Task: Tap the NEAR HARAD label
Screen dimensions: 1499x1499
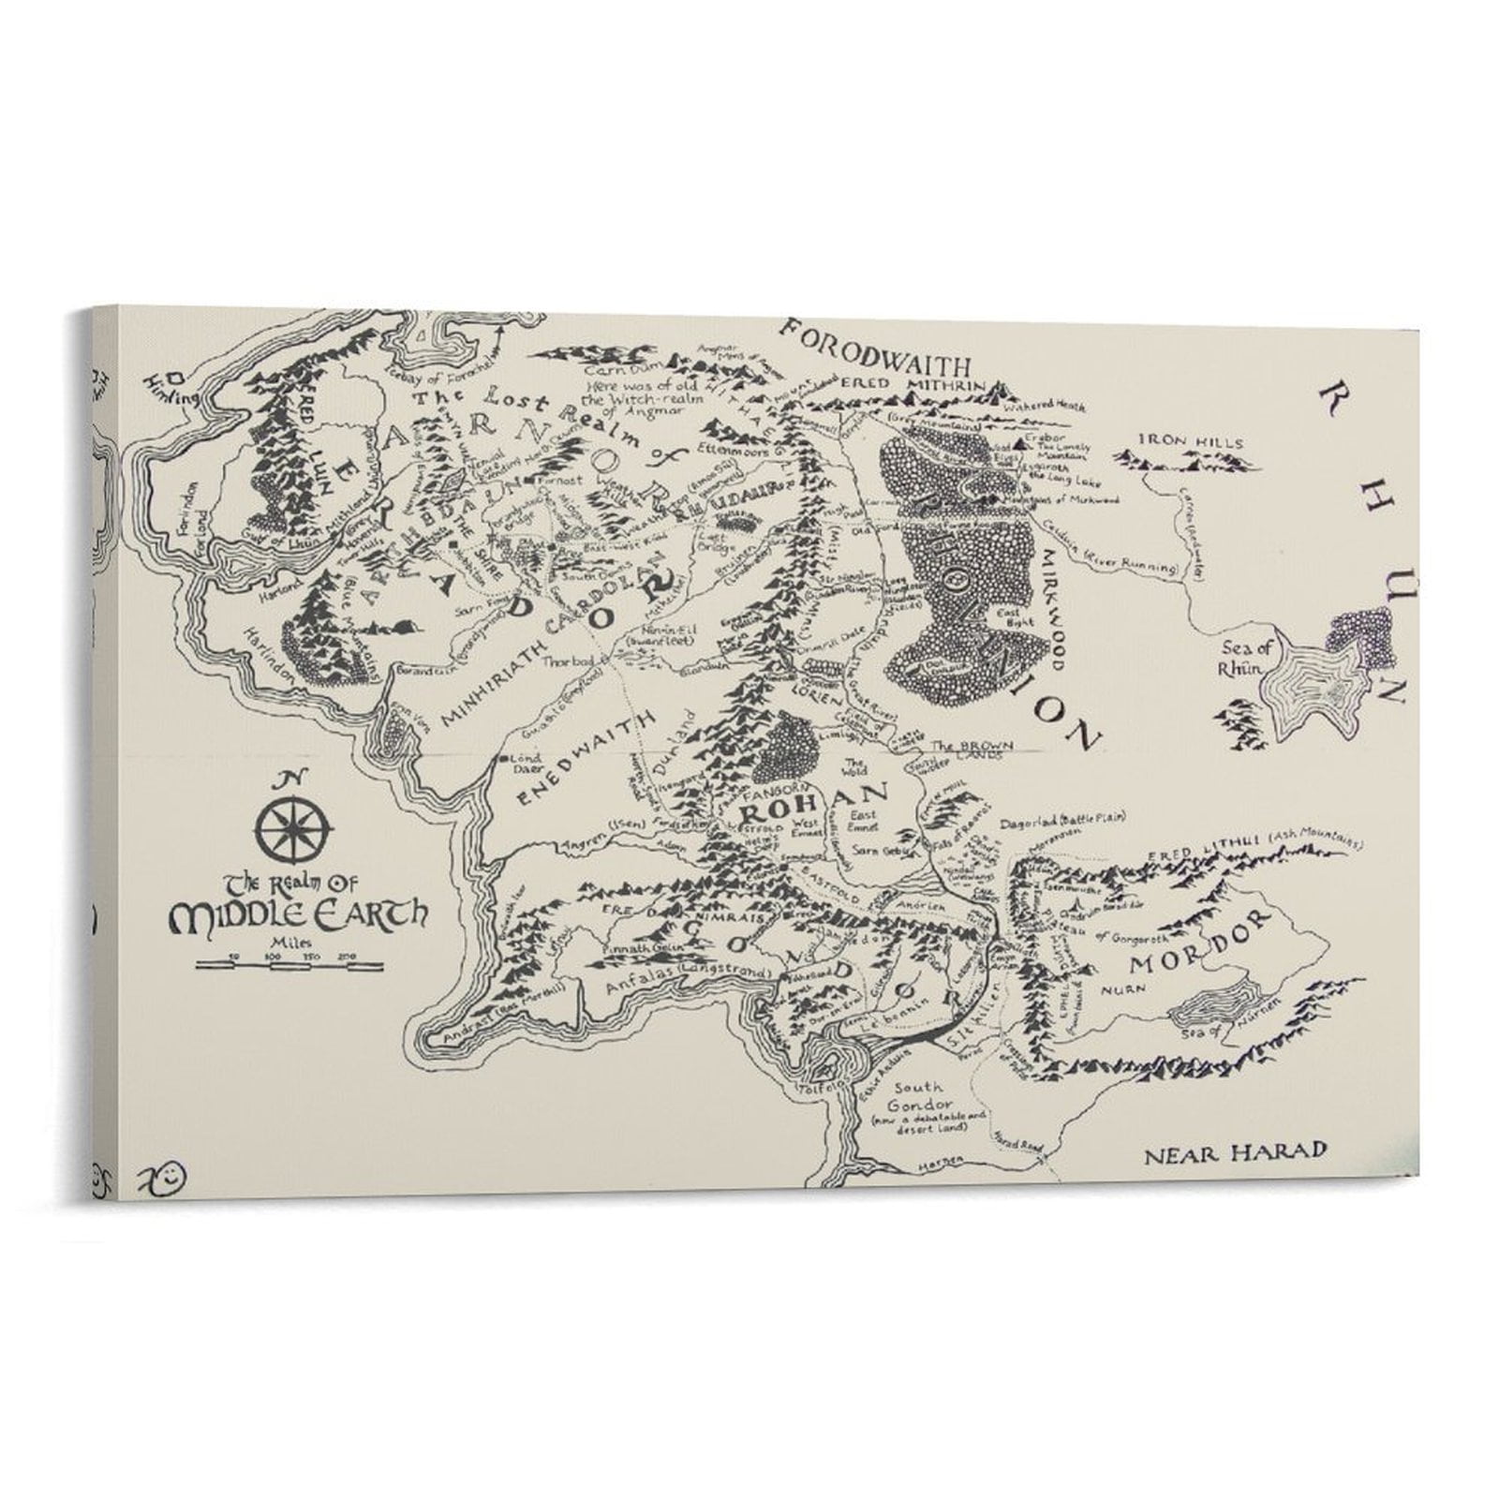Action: click(1236, 1152)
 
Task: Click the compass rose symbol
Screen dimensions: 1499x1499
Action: click(294, 829)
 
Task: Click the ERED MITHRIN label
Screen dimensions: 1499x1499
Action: click(913, 385)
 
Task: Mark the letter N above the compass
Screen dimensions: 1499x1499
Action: click(290, 779)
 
